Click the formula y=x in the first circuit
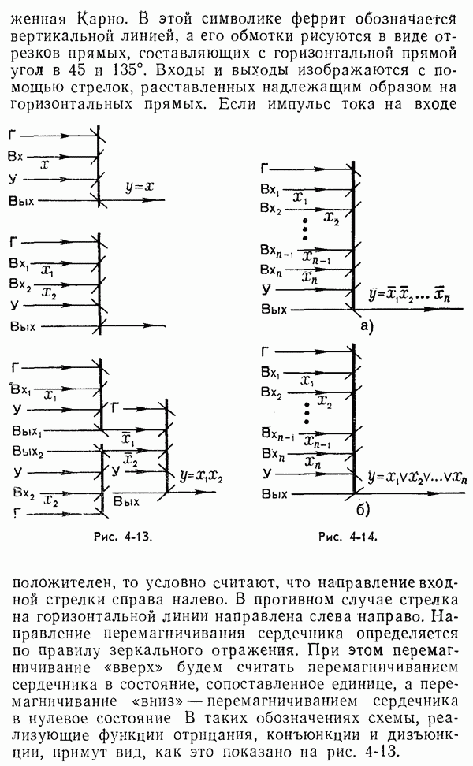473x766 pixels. (139, 187)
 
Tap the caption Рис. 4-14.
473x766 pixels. (346, 539)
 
